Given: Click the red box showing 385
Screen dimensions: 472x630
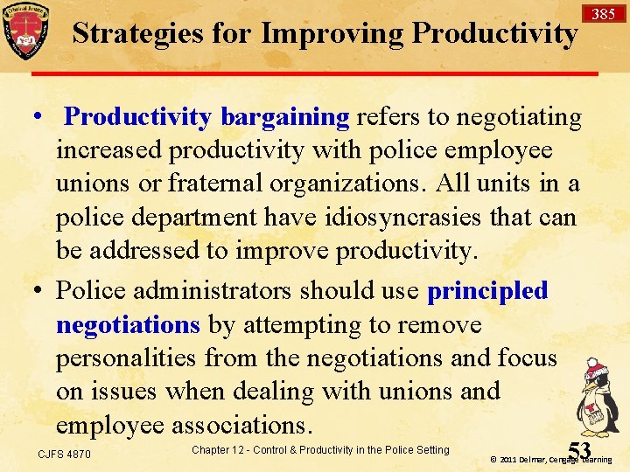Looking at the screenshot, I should click(603, 13).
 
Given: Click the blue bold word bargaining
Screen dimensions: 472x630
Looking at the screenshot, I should click(285, 117).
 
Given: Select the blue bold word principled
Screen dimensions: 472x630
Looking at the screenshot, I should click(487, 291).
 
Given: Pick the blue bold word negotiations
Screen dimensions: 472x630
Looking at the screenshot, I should click(128, 324).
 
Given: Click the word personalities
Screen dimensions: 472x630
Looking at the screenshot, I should click(128, 357).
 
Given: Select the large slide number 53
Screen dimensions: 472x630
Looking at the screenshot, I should click(579, 449).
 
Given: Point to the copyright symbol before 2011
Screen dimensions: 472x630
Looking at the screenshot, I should click(493, 459).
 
